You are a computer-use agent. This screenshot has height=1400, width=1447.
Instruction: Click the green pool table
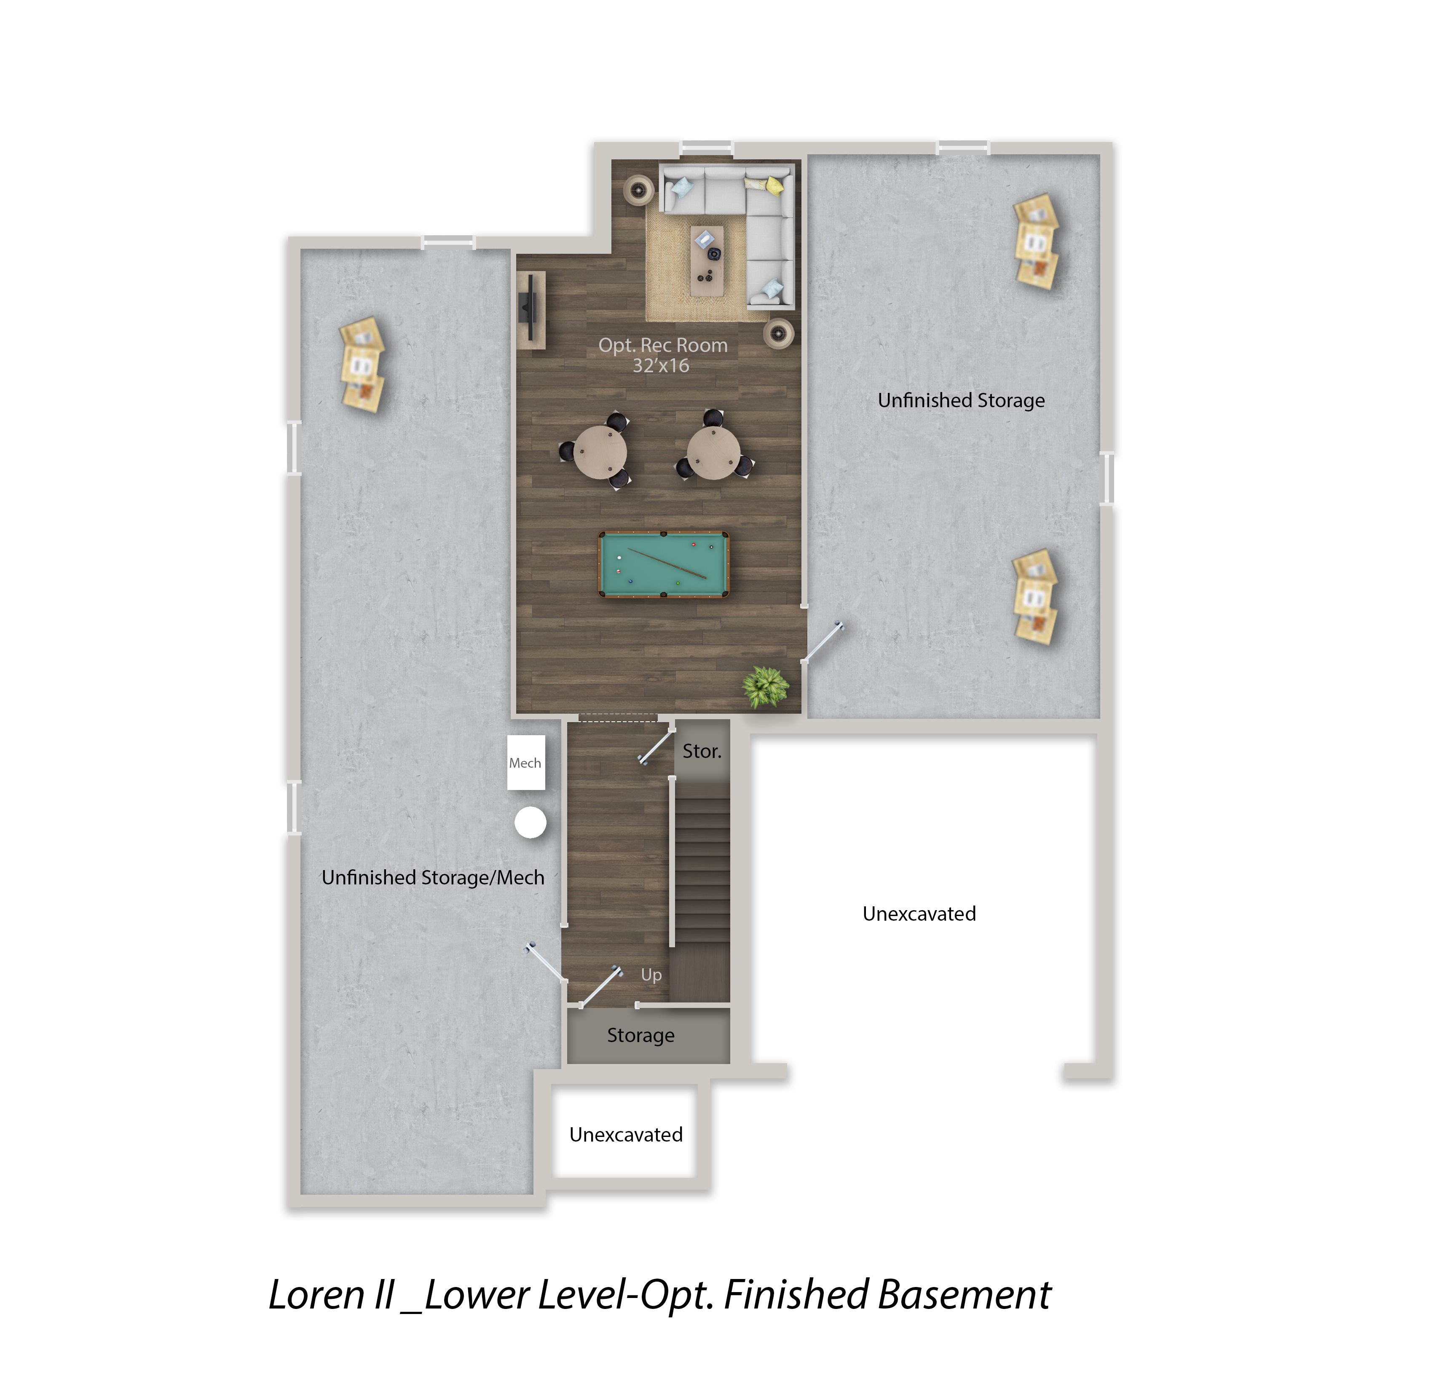point(663,564)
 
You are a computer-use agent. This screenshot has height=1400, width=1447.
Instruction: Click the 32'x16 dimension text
point(661,365)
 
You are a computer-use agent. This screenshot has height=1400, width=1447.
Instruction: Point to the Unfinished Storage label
point(961,400)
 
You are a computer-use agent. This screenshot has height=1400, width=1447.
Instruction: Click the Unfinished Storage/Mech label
point(433,877)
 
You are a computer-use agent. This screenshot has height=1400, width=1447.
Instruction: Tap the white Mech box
point(525,763)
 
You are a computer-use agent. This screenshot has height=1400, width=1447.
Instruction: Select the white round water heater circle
point(530,822)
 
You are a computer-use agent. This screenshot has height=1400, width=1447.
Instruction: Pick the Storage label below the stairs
point(641,1036)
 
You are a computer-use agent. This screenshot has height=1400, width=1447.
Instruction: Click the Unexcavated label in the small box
point(626,1134)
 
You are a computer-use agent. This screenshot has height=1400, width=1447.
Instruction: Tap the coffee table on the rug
point(707,261)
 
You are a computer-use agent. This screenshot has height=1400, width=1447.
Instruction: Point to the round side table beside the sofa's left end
point(639,191)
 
